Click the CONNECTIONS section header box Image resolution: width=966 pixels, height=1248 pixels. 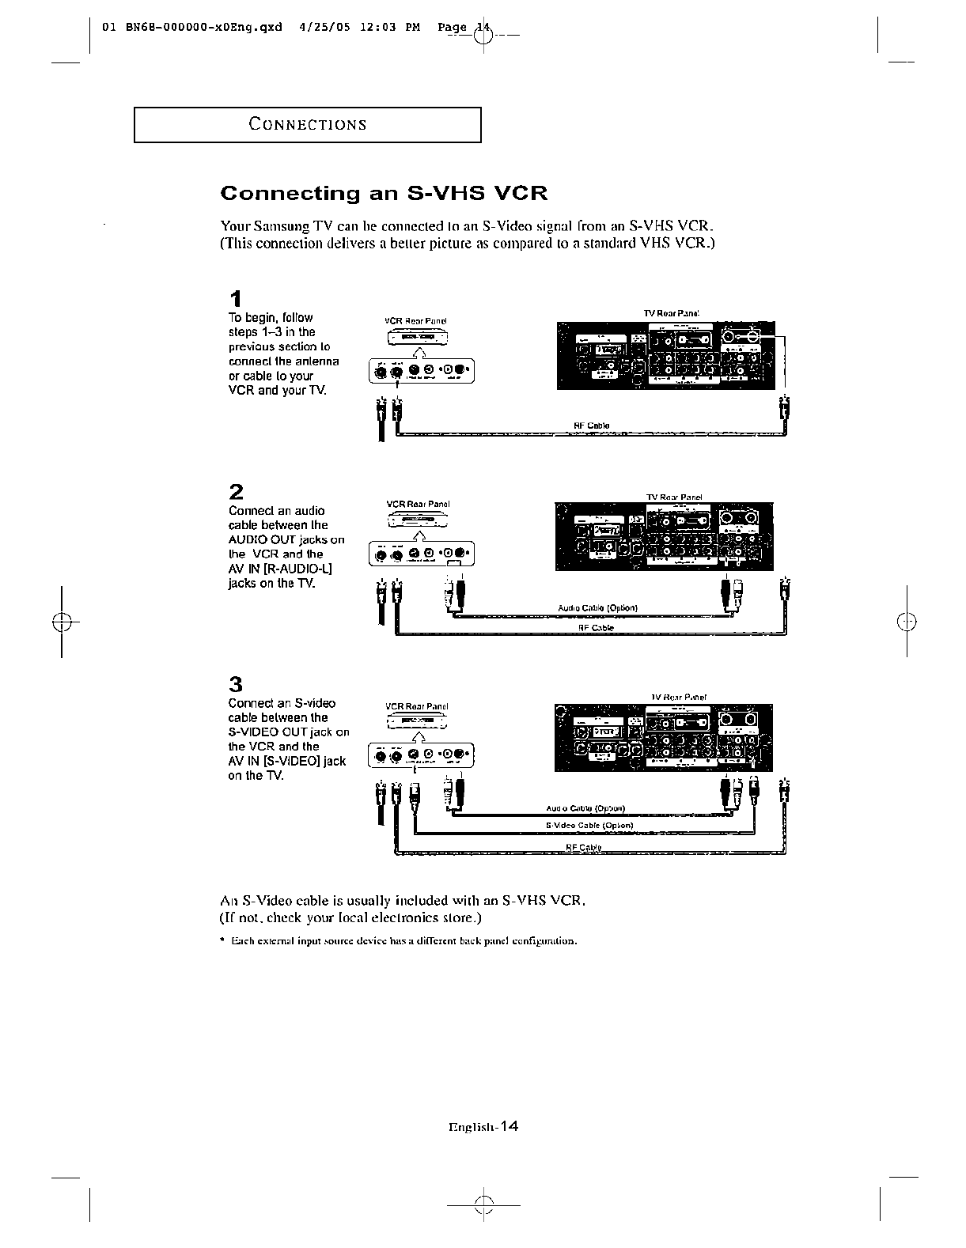[x=307, y=124]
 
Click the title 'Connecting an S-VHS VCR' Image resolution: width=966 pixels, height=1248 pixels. [x=384, y=194]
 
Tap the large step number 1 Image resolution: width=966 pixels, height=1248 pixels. [x=235, y=299]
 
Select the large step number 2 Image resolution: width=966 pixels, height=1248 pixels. [x=236, y=491]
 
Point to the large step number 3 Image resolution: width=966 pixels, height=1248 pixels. [x=236, y=684]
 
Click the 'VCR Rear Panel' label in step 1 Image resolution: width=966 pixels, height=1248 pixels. [x=416, y=321]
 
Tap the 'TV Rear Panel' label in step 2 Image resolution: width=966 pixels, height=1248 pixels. [x=674, y=497]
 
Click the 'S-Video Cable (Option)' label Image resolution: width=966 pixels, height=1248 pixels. [x=589, y=826]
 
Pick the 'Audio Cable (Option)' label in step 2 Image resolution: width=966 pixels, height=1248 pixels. [x=598, y=608]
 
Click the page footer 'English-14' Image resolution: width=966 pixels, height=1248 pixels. [x=483, y=1128]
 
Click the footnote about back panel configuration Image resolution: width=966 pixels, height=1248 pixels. [x=403, y=941]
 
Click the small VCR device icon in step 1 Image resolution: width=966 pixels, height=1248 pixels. [x=418, y=338]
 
